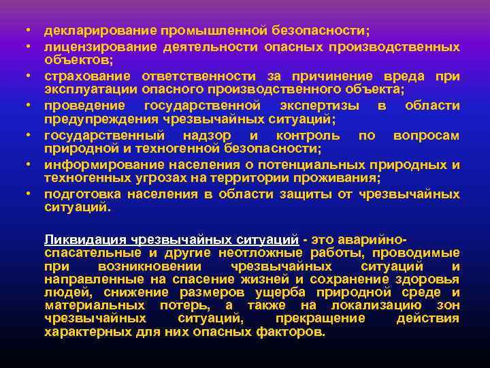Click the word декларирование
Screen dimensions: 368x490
[100, 31]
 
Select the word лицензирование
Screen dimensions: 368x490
[100, 46]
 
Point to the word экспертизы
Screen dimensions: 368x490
[323, 106]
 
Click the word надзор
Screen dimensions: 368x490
[217, 136]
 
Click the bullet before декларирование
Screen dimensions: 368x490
[24, 32]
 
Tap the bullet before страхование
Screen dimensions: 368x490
[24, 77]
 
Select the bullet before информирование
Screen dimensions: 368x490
[24, 166]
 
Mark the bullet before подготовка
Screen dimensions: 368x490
[24, 195]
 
